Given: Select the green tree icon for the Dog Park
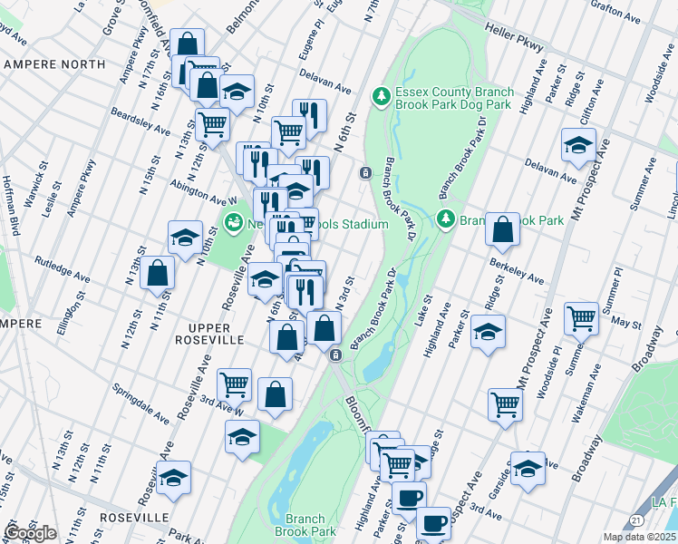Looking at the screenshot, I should (x=382, y=95).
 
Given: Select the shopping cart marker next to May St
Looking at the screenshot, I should (x=580, y=318).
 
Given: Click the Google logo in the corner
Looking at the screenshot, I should (x=30, y=533).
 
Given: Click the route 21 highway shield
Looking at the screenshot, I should (x=638, y=520).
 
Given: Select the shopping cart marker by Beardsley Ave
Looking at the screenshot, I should (x=213, y=123).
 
